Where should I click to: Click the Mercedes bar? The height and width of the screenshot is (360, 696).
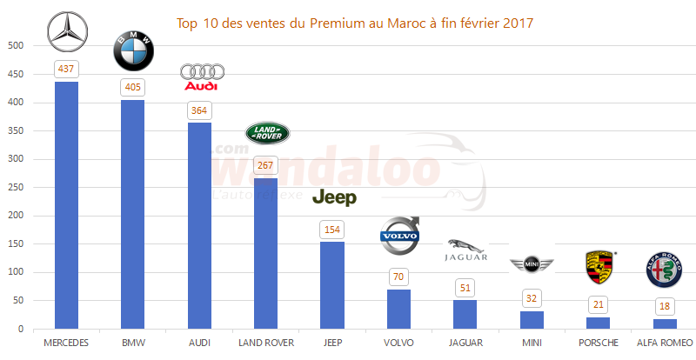click(66, 205)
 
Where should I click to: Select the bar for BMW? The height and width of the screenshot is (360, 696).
click(133, 214)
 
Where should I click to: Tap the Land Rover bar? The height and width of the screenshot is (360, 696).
click(265, 253)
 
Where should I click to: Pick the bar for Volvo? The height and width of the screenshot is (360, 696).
click(398, 309)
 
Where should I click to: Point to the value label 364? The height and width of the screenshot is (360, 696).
click(199, 110)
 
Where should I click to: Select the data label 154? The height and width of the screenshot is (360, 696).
click(332, 229)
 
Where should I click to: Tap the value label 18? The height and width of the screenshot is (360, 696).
click(665, 306)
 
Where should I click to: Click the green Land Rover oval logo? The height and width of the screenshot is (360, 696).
click(267, 133)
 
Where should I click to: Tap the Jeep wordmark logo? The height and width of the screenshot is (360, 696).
click(334, 198)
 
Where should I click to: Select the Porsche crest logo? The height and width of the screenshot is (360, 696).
click(599, 267)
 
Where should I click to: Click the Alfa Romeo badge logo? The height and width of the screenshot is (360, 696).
click(664, 271)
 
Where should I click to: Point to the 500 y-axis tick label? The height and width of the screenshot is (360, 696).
click(17, 46)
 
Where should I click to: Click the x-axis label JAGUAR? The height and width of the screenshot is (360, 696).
click(465, 343)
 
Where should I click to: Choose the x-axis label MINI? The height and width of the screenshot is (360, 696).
click(532, 343)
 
